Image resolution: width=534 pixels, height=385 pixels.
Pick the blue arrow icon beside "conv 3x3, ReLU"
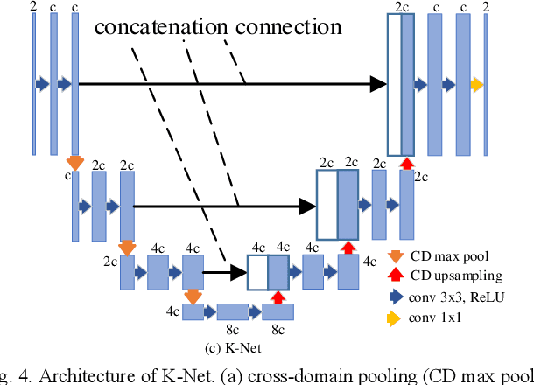397,297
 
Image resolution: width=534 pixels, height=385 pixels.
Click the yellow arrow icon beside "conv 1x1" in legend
397,317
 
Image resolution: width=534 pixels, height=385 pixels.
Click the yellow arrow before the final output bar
475,84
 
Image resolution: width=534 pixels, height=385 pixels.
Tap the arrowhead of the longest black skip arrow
377,84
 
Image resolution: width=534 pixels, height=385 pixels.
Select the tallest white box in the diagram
394,84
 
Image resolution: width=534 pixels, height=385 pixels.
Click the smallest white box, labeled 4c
257,273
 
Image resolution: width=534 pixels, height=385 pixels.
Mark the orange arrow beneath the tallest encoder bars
74,163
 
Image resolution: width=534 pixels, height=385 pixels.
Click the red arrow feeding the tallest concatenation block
405,163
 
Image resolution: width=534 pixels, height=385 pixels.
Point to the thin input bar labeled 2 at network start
34,84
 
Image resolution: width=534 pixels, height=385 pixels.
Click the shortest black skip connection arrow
223,273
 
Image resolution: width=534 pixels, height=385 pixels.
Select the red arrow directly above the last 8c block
278,297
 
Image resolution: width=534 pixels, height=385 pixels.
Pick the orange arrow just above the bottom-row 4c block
193,297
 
